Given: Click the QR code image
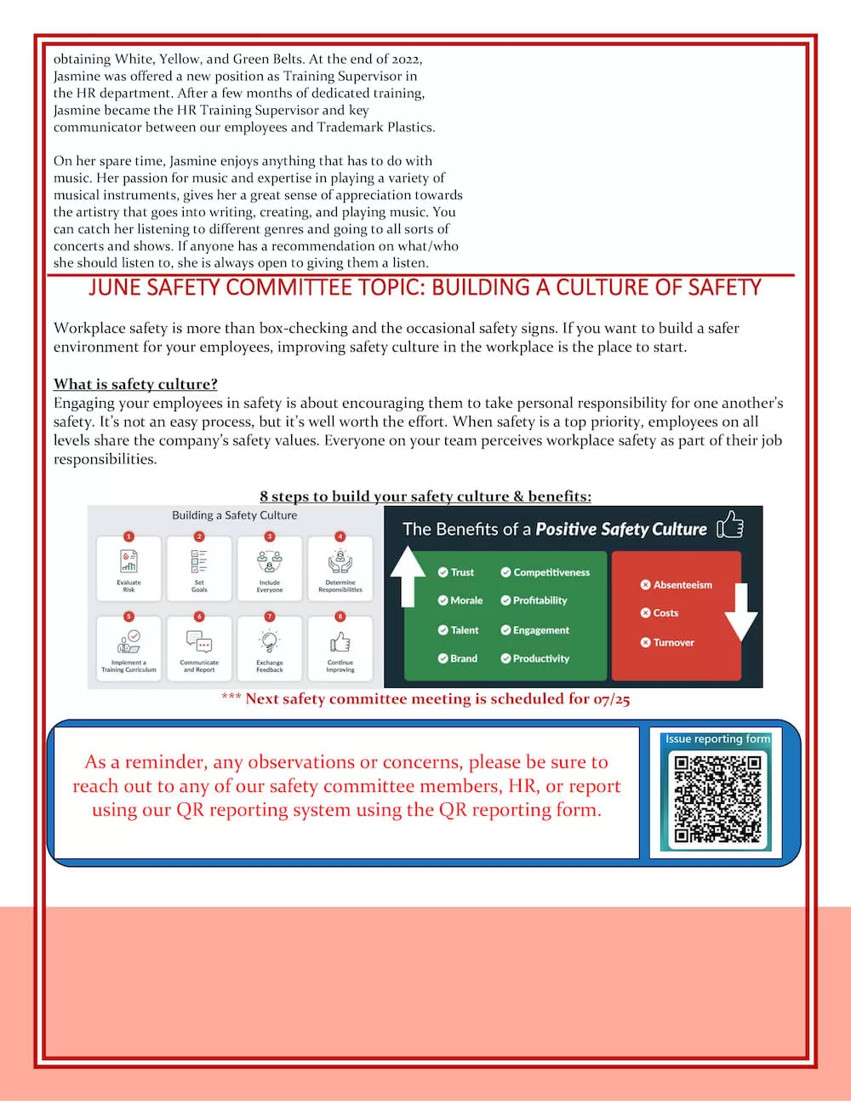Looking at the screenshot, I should (x=717, y=799).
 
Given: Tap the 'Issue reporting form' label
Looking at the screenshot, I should (x=717, y=739).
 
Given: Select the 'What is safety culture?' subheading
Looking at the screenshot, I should (x=135, y=384).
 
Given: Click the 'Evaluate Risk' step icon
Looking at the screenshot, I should (x=129, y=560).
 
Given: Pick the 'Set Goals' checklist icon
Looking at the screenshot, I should (x=199, y=560).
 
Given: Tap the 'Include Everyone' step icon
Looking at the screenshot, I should (x=270, y=560).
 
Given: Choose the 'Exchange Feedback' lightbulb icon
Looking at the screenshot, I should (x=270, y=641).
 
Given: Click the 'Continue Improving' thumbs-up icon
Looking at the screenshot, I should (x=340, y=641).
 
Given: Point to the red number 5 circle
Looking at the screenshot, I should (x=129, y=616).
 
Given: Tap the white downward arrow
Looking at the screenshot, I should (x=740, y=612).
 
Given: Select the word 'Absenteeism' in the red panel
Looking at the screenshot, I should (x=683, y=585).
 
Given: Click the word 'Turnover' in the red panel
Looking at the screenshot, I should (x=673, y=643).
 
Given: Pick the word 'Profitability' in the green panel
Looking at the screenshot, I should (x=540, y=600).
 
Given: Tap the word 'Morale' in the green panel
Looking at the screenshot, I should (x=466, y=600).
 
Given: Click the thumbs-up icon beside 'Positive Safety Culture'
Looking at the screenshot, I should (x=730, y=526).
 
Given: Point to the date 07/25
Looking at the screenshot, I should (x=611, y=699).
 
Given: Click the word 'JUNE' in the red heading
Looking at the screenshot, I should (x=115, y=288).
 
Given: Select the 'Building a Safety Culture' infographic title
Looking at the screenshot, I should (x=235, y=515).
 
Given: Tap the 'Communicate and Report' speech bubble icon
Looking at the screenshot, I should (x=199, y=641).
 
